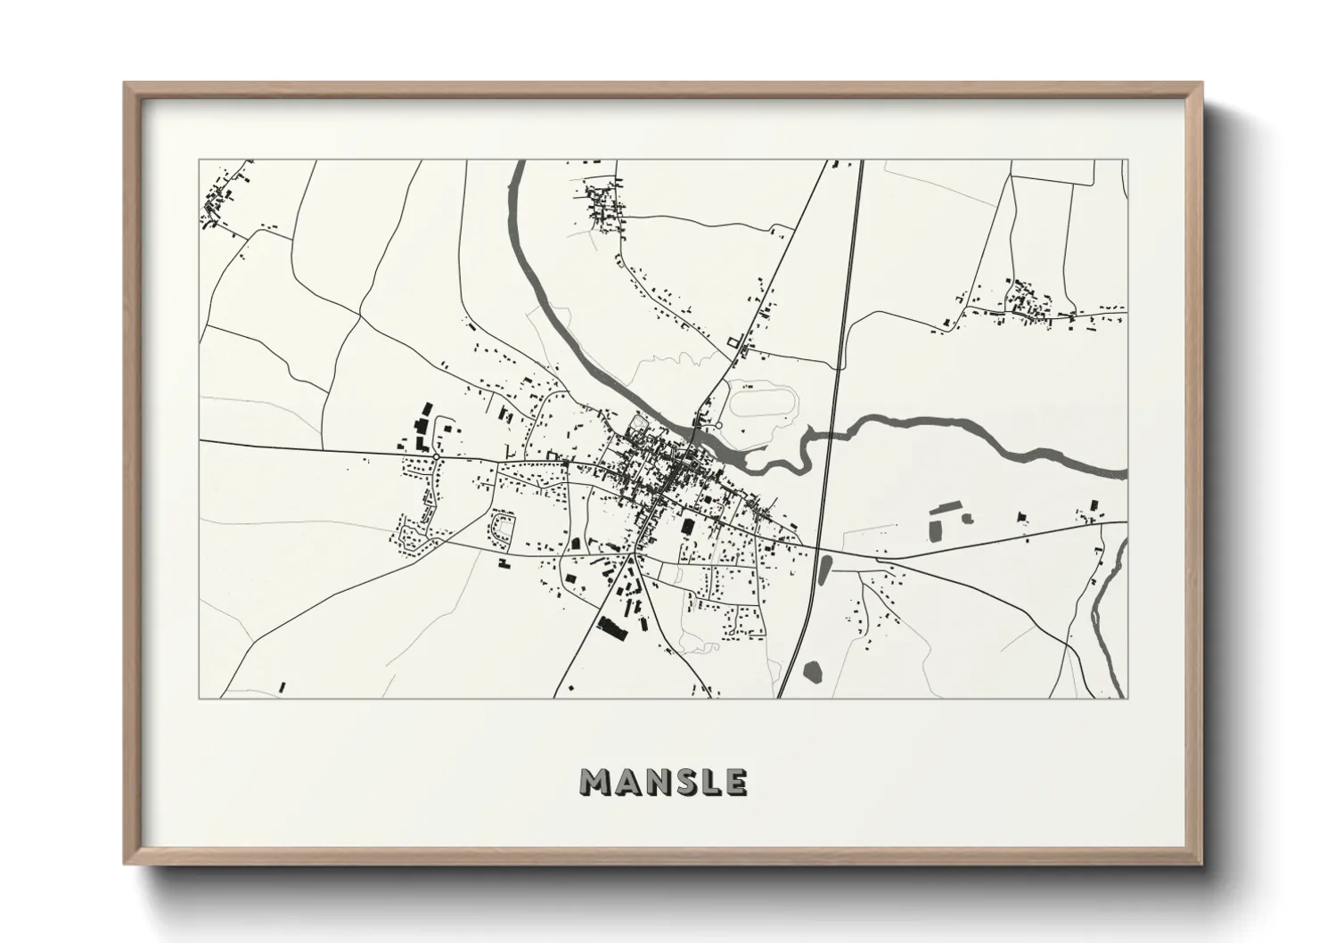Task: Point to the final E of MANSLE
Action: (735, 782)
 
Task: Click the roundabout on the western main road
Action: (436, 456)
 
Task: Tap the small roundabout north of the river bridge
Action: (717, 426)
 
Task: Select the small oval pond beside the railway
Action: (824, 568)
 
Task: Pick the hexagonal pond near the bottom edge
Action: (811, 670)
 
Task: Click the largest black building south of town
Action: (612, 627)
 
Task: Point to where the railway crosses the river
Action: (830, 435)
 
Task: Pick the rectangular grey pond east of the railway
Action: (938, 527)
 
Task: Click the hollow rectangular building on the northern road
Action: (734, 341)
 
